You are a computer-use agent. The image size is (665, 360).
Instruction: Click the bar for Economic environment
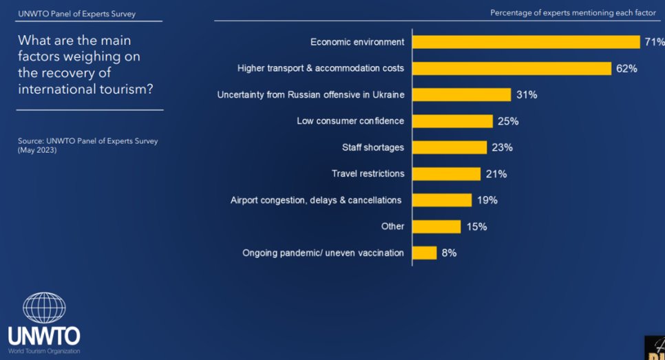pos(527,42)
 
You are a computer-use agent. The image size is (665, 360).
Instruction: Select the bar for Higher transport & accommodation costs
pos(512,68)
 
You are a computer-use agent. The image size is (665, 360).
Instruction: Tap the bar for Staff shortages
pos(450,147)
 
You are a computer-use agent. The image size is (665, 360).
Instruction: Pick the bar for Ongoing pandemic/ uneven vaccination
pos(425,253)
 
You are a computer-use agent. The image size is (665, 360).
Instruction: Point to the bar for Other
pos(437,226)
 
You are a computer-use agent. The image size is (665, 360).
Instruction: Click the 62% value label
pos(627,69)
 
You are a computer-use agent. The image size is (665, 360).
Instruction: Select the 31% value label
pos(527,95)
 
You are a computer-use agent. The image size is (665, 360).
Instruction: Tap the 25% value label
pos(508,121)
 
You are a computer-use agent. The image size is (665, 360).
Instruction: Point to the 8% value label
pos(449,253)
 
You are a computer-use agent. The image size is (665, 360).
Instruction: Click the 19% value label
pos(487,200)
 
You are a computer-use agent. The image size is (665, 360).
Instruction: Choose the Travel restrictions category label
pos(368,173)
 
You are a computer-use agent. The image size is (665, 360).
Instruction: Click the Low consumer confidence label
pos(350,121)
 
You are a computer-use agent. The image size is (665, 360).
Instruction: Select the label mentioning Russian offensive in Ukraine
pos(310,94)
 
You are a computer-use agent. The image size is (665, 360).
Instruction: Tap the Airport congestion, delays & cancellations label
pos(316,200)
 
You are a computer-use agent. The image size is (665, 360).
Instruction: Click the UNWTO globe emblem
pos(44,308)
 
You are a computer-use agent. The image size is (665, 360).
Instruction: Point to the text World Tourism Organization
pos(44,351)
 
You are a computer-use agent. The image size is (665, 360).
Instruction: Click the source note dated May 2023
pos(87,145)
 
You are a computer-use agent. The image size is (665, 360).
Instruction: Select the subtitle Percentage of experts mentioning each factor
pos(573,13)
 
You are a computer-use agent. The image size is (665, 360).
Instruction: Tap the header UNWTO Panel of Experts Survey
pos(76,14)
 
